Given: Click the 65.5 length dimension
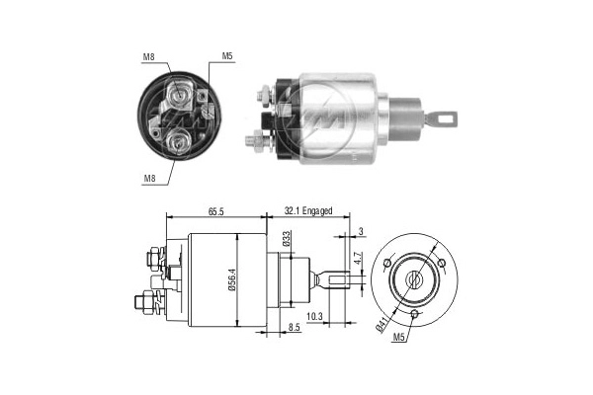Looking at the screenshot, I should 216,211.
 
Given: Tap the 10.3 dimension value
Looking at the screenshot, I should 315,316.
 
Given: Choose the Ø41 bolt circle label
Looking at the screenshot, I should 382,322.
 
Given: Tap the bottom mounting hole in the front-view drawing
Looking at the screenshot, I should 416,315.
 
